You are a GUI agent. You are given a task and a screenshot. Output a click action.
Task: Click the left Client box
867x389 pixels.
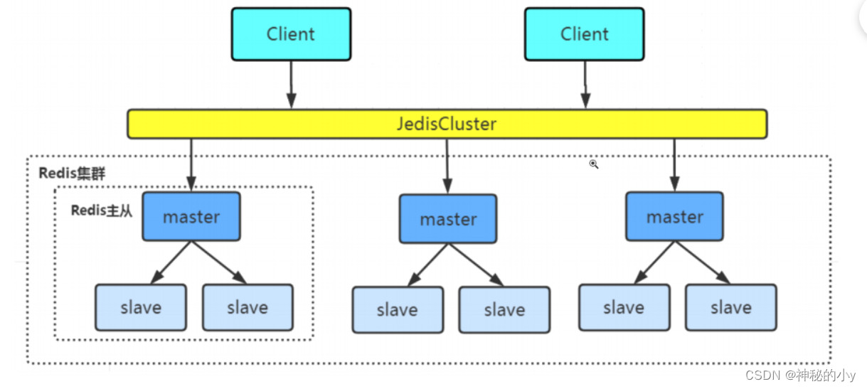pyautogui.click(x=291, y=34)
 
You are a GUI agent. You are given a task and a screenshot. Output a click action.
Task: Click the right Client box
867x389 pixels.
pyautogui.click(x=584, y=34)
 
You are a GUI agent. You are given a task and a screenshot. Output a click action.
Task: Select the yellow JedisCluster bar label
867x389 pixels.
pyautogui.click(x=447, y=124)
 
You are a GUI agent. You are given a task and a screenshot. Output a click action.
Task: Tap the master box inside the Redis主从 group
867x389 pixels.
pyautogui.click(x=191, y=217)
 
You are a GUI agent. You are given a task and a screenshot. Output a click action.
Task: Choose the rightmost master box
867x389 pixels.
pyautogui.click(x=674, y=216)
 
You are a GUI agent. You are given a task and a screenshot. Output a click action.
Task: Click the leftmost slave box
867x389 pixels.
pyautogui.click(x=141, y=308)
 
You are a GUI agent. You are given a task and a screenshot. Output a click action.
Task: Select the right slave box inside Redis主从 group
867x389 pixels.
pyautogui.click(x=248, y=308)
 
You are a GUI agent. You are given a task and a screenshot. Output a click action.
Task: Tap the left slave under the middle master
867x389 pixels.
pyautogui.click(x=398, y=310)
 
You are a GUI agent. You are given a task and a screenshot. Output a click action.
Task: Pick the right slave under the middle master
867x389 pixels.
pyautogui.click(x=504, y=310)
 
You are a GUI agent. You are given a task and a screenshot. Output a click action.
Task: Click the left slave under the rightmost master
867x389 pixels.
pyautogui.click(x=624, y=307)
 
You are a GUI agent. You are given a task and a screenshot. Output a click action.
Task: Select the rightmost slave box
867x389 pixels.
pyautogui.click(x=731, y=307)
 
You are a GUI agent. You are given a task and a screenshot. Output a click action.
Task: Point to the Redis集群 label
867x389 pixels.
pyautogui.click(x=72, y=174)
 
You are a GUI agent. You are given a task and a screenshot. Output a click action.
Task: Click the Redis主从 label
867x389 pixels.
pyautogui.click(x=102, y=211)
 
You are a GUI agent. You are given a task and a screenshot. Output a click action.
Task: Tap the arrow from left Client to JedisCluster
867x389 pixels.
pyautogui.click(x=291, y=85)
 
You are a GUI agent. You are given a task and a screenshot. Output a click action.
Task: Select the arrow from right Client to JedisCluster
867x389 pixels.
pyautogui.click(x=585, y=85)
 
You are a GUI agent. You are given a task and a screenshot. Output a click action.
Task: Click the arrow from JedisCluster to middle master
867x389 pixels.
pyautogui.click(x=447, y=165)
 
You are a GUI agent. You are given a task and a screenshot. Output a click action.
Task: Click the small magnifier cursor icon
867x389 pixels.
pyautogui.click(x=593, y=164)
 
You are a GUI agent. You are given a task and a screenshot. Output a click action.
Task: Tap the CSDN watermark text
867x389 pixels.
pyautogui.click(x=800, y=375)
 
